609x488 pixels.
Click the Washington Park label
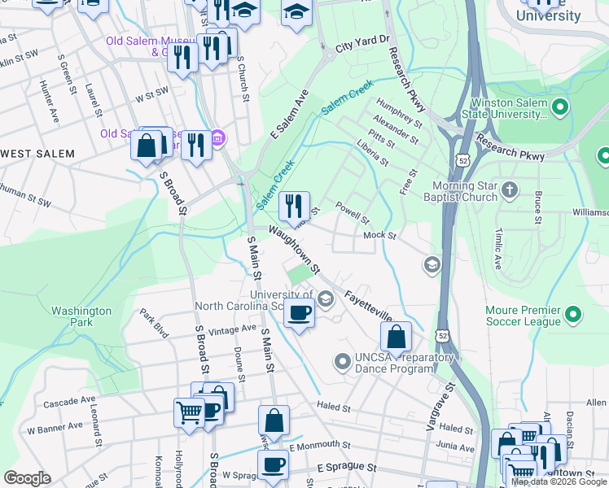81,316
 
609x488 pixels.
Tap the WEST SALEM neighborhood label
37,154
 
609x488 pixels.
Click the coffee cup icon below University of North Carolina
300,312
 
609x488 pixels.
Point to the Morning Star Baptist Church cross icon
510,190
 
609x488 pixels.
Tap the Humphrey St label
399,113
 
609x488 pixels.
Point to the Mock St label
379,235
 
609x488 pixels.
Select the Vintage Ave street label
232,329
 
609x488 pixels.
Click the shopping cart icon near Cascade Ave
189,412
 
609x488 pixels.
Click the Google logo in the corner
27,478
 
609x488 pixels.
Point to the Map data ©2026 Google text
559,481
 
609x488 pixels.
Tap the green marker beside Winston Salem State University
559,107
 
